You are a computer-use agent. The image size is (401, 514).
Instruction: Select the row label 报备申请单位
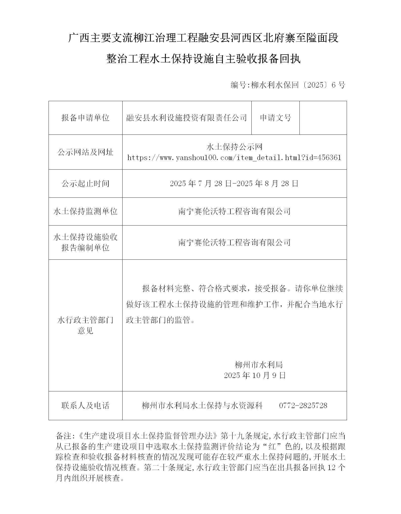(x=85, y=118)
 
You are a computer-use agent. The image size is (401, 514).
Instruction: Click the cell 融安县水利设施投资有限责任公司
(x=186, y=118)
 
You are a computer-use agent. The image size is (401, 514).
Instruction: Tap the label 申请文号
(x=275, y=118)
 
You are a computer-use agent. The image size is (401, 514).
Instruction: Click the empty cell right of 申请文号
(x=323, y=118)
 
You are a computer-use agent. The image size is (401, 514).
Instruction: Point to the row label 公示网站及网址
(x=85, y=152)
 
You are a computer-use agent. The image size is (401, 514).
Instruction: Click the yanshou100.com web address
(x=234, y=158)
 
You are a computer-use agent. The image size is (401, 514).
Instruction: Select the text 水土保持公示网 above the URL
(x=234, y=147)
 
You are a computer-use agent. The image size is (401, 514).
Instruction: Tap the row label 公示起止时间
(x=85, y=183)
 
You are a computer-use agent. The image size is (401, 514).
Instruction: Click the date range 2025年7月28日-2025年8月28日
(x=234, y=183)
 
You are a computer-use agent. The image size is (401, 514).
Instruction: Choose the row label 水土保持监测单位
(x=85, y=211)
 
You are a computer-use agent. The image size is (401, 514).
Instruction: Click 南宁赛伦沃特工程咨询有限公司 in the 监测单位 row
(x=234, y=211)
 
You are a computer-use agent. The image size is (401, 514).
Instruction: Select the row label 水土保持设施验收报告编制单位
(x=85, y=242)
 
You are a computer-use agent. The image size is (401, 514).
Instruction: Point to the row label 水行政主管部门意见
(x=85, y=325)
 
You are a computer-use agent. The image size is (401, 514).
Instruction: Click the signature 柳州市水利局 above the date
(x=258, y=364)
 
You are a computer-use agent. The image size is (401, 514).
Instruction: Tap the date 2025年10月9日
(x=255, y=375)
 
